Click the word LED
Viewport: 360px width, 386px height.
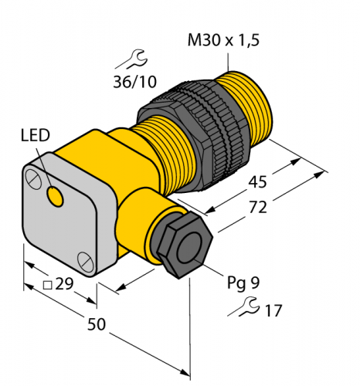click(36, 136)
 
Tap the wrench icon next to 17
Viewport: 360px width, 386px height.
click(245, 307)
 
